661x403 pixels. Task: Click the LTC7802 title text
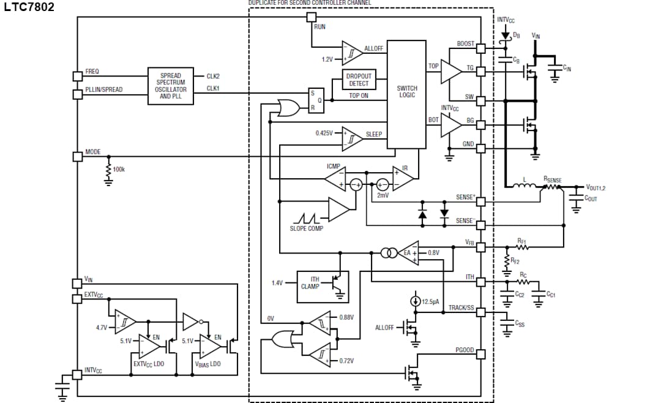pyautogui.click(x=29, y=7)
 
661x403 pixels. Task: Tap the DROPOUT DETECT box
pyautogui.click(x=359, y=80)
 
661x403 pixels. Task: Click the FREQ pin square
pyautogui.click(x=77, y=76)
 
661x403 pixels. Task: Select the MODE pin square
pyautogui.click(x=77, y=156)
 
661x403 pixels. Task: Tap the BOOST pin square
pyautogui.click(x=481, y=48)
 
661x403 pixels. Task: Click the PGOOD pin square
pyautogui.click(x=481, y=354)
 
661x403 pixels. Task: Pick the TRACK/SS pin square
pyautogui.click(x=481, y=312)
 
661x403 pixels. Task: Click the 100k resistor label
pyautogui.click(x=119, y=169)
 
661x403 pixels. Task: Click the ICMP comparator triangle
pyautogui.click(x=335, y=178)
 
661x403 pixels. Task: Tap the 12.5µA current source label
pyautogui.click(x=431, y=301)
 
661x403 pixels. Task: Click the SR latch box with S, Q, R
pyautogui.click(x=316, y=100)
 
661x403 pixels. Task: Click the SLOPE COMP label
pyautogui.click(x=306, y=228)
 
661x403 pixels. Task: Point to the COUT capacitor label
pyautogui.click(x=591, y=198)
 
